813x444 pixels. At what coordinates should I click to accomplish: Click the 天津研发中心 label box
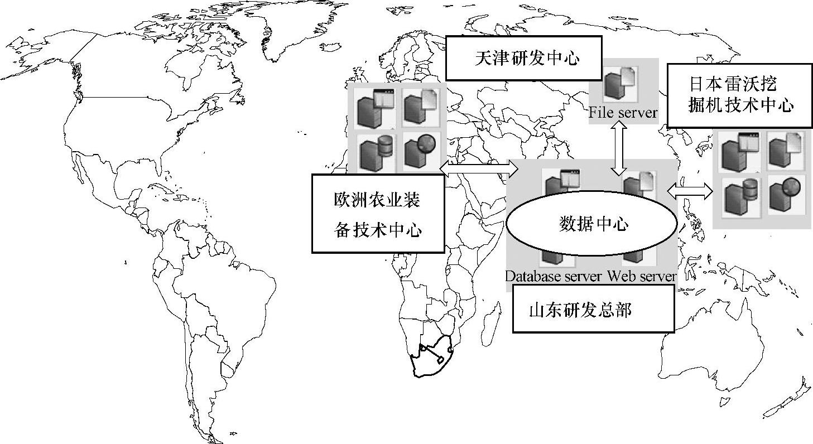click(x=523, y=58)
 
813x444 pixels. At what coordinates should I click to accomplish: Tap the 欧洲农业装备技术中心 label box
click(x=378, y=213)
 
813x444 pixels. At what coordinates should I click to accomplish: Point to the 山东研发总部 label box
click(x=593, y=309)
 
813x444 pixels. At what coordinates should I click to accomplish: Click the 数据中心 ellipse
click(x=591, y=224)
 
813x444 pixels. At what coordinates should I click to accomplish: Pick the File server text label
click(x=623, y=113)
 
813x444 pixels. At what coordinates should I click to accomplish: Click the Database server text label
click(x=554, y=276)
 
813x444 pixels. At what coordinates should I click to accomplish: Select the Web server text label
click(x=642, y=276)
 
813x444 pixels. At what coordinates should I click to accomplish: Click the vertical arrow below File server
click(x=618, y=149)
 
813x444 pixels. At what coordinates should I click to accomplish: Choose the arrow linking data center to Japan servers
click(x=690, y=192)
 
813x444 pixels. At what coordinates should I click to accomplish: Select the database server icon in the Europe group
click(x=374, y=152)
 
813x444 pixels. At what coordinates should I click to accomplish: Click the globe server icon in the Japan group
click(x=786, y=194)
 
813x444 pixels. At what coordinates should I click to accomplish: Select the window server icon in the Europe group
click(x=373, y=108)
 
